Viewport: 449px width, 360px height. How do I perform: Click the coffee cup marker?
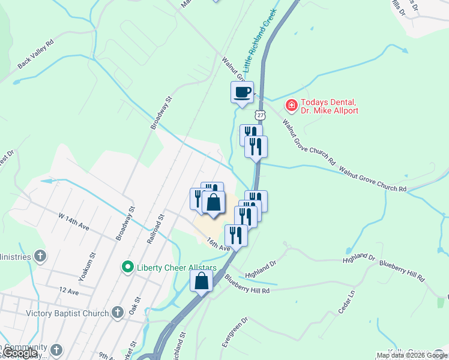pos(242,92)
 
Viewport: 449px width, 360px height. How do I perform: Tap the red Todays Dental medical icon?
pos(291,106)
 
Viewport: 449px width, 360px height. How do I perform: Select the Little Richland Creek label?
pos(260,43)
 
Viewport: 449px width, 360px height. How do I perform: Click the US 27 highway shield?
pos(259,114)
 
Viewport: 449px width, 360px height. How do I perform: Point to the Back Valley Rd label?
pos(35,54)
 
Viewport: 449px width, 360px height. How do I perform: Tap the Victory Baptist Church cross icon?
pos(118,313)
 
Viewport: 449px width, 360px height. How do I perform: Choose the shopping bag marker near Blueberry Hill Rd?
pos(202,280)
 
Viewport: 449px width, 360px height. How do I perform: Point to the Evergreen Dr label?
pos(226,333)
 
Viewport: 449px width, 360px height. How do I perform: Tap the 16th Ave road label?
pos(218,244)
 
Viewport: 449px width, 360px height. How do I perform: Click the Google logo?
pos(20,353)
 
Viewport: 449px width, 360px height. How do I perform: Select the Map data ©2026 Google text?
pos(412,355)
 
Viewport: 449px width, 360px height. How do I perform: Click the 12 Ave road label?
pos(69,292)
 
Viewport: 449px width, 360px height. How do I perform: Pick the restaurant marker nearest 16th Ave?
pos(236,235)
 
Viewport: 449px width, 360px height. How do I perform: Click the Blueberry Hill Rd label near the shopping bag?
pos(247,284)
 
